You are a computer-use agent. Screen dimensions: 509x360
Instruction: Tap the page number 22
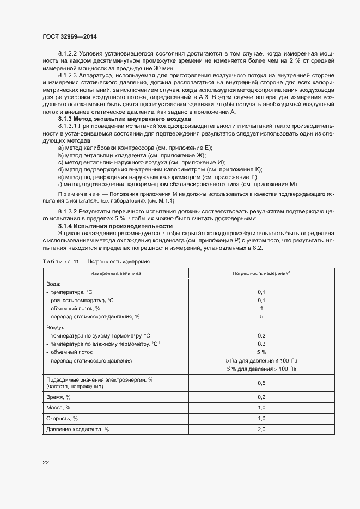coord(46,462)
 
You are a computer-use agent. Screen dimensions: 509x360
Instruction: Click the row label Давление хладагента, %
coord(78,430)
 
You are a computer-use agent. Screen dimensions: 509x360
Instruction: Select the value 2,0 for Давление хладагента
coord(261,430)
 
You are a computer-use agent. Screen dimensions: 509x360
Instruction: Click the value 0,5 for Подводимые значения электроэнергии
coord(261,383)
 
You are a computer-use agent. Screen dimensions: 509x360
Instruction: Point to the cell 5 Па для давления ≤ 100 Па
coord(261,360)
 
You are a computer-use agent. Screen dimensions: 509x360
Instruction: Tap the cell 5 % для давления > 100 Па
coord(261,370)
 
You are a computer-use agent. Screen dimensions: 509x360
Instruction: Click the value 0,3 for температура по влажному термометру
coord(261,344)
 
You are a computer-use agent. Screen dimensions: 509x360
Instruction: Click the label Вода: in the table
coord(53,284)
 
